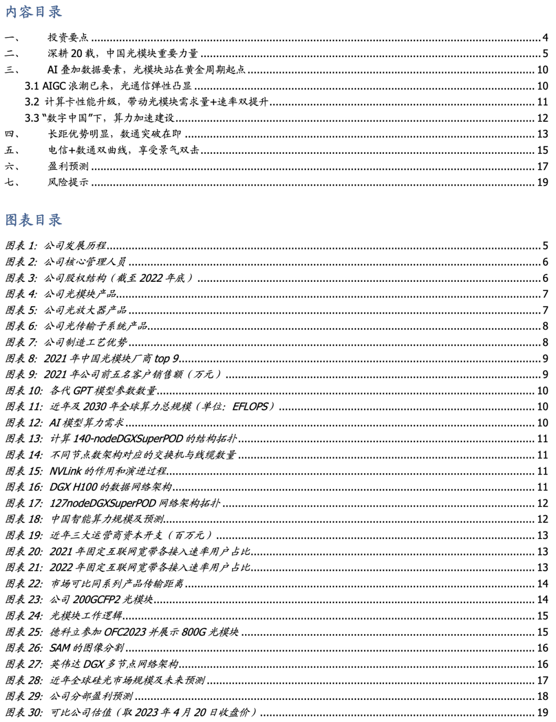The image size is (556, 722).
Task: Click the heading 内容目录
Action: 33,12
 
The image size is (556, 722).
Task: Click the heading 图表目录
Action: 33,220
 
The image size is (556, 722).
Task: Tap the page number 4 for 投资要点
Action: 545,38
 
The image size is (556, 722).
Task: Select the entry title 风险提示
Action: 68,182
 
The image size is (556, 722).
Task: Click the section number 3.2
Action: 32,102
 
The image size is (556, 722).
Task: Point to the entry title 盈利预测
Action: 68,166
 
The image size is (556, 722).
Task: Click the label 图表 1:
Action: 21,246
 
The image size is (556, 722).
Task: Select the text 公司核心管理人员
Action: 85,262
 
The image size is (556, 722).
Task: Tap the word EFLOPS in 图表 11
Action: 250,407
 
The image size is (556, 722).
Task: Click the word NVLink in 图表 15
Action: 65,471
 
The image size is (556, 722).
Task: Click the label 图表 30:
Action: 24,712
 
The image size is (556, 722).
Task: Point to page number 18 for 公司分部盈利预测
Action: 543,696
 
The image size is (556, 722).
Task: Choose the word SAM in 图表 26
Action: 60,648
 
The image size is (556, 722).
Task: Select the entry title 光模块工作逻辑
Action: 86,616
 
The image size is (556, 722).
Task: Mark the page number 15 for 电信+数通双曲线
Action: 543,150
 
